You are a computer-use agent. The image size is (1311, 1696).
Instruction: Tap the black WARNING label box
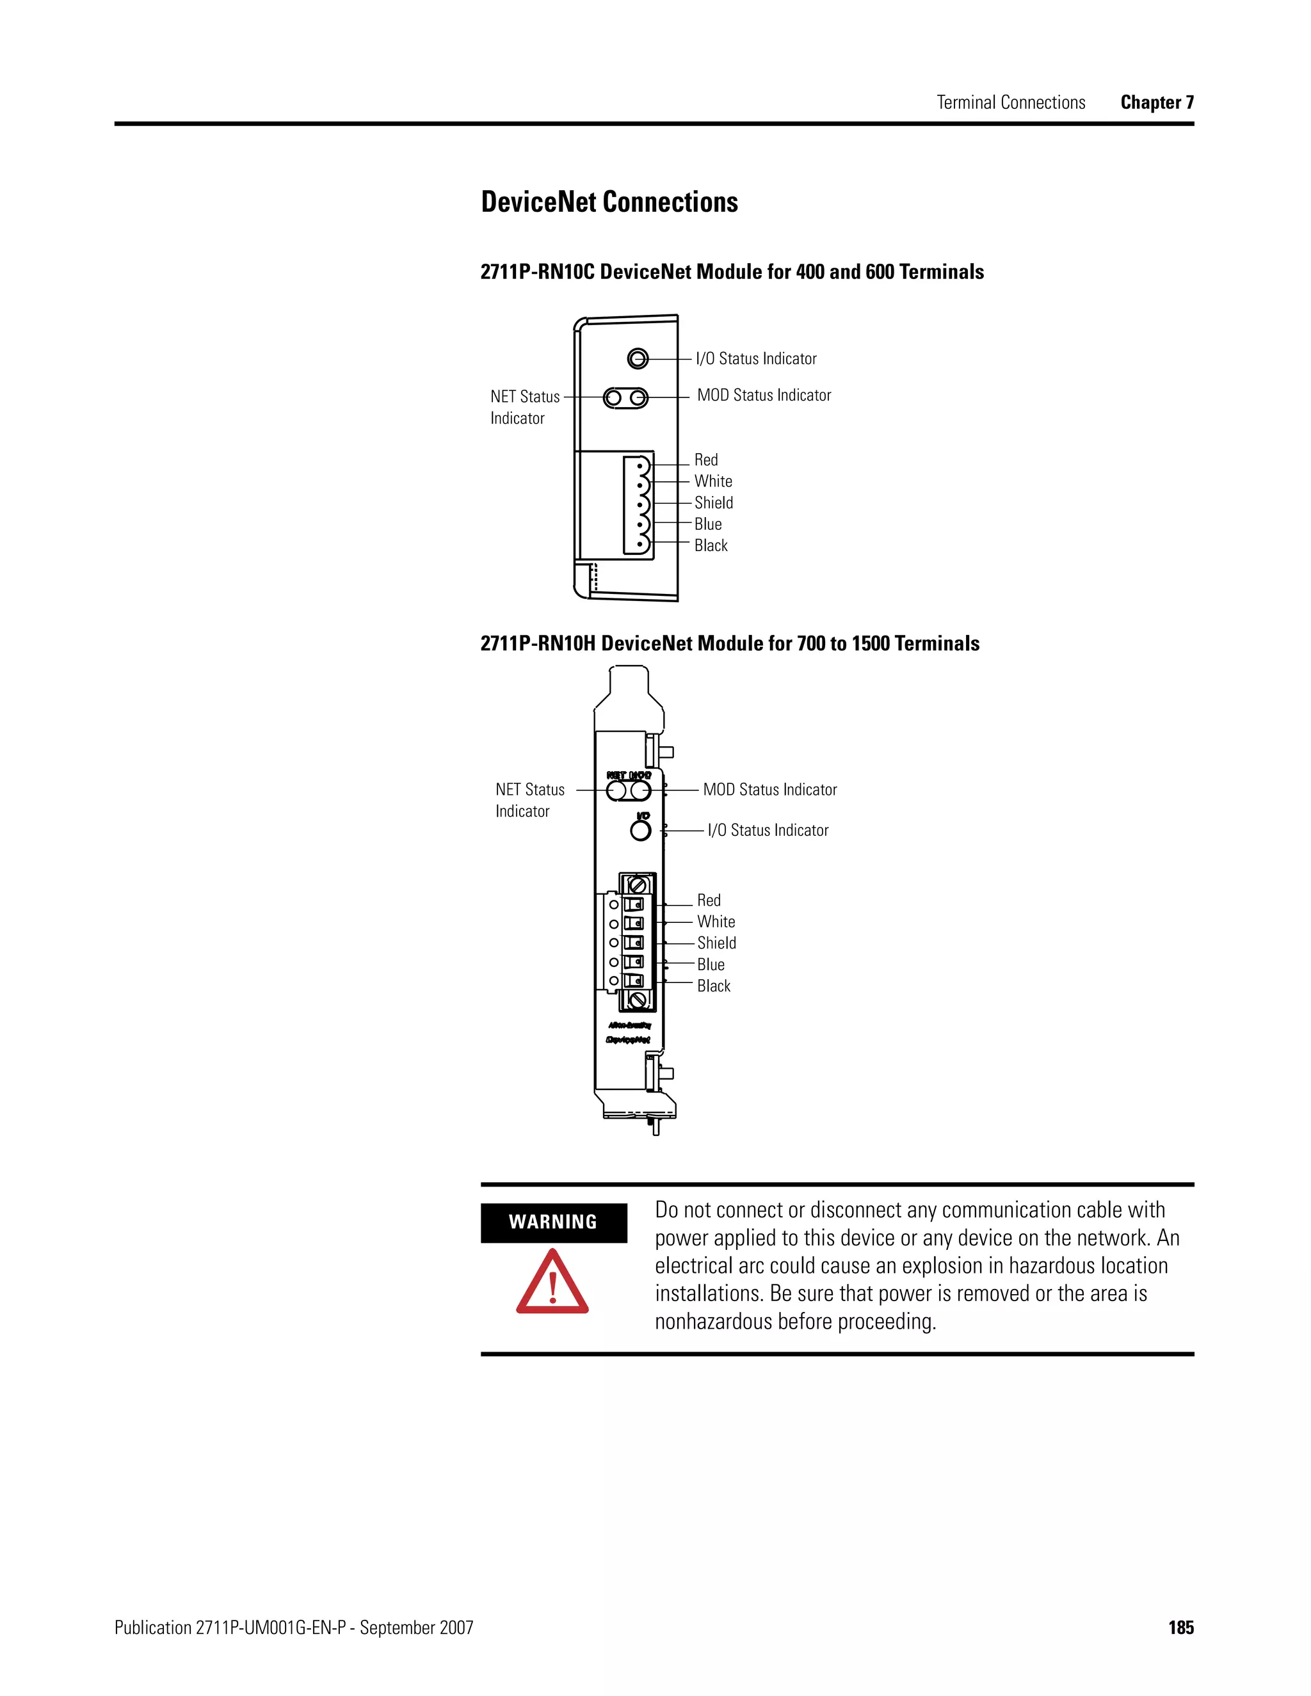click(x=553, y=1222)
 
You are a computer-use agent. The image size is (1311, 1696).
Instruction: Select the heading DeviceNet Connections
click(x=609, y=202)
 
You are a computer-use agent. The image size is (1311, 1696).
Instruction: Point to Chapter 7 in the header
click(x=1157, y=102)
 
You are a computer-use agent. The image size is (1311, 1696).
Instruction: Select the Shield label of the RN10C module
click(x=713, y=503)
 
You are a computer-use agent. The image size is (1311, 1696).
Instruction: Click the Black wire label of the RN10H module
click(x=713, y=986)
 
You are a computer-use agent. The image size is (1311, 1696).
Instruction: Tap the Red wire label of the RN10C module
click(x=705, y=460)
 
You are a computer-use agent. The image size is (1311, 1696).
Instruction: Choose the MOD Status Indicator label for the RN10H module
click(x=769, y=790)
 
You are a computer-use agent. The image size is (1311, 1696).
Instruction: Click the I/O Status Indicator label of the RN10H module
click(x=768, y=830)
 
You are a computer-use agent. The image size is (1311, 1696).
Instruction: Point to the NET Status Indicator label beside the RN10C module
click(x=524, y=407)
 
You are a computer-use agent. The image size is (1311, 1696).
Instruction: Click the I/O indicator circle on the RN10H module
click(x=640, y=831)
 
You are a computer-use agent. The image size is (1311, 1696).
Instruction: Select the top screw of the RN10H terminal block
click(x=638, y=884)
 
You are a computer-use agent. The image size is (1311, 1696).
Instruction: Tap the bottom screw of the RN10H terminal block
click(x=638, y=1000)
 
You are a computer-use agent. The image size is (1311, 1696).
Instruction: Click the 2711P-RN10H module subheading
click(x=729, y=644)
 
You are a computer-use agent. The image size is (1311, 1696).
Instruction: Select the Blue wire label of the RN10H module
click(x=710, y=964)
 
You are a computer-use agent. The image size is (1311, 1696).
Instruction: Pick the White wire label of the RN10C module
click(x=712, y=481)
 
